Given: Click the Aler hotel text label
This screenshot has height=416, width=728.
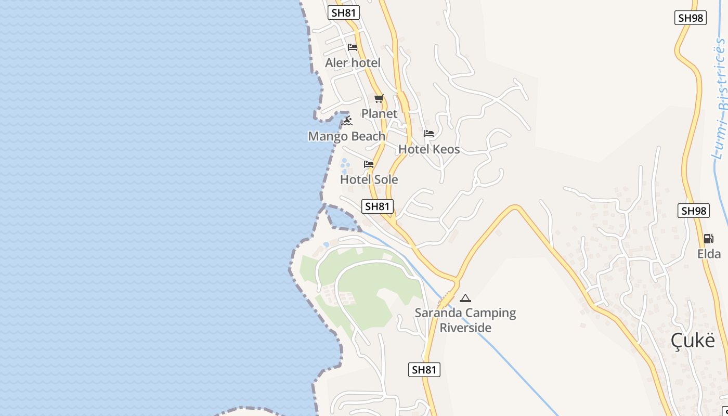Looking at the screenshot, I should pos(353,63).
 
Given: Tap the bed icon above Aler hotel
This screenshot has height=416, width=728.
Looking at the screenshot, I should pos(353,47).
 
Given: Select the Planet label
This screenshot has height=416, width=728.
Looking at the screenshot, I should pos(379,113).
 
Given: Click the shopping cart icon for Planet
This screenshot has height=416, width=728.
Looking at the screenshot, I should pos(379,98).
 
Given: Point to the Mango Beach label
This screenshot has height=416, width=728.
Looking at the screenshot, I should pos(347,136).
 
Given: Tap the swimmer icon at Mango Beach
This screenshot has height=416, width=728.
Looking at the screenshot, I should pos(347,121).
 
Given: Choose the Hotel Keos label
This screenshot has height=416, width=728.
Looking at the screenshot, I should pos(429,149).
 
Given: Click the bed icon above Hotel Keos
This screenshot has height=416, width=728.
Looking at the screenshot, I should pos(429,134).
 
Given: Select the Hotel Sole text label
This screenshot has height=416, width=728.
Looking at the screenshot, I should pos(369,179).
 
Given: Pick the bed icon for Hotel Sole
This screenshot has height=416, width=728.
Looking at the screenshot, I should pos(369,164).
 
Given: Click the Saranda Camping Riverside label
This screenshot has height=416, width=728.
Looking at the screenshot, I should pos(465,320).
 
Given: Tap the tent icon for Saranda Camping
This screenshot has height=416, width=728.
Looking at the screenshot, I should pos(465,298).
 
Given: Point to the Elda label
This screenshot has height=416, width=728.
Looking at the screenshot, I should pos(709,254).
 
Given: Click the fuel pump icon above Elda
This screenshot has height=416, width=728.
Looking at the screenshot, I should pos(708,239).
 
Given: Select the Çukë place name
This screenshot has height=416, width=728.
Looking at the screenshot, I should pos(692,341).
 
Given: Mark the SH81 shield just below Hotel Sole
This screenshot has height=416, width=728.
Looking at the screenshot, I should pos(378,206).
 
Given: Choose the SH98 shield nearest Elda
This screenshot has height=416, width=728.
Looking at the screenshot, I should pos(694,211).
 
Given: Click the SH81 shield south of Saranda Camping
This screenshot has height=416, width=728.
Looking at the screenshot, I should pos(424,370).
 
